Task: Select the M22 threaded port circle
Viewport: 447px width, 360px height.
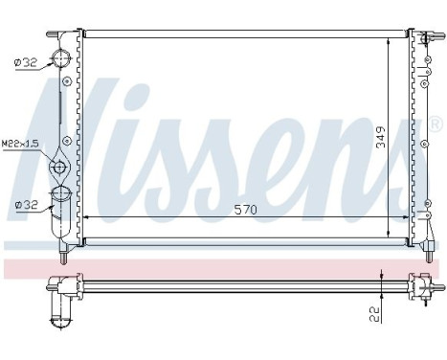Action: click(60, 168)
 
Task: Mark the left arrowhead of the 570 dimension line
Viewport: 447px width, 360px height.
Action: click(88, 218)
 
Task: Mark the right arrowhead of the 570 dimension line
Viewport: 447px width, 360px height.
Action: click(406, 218)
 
